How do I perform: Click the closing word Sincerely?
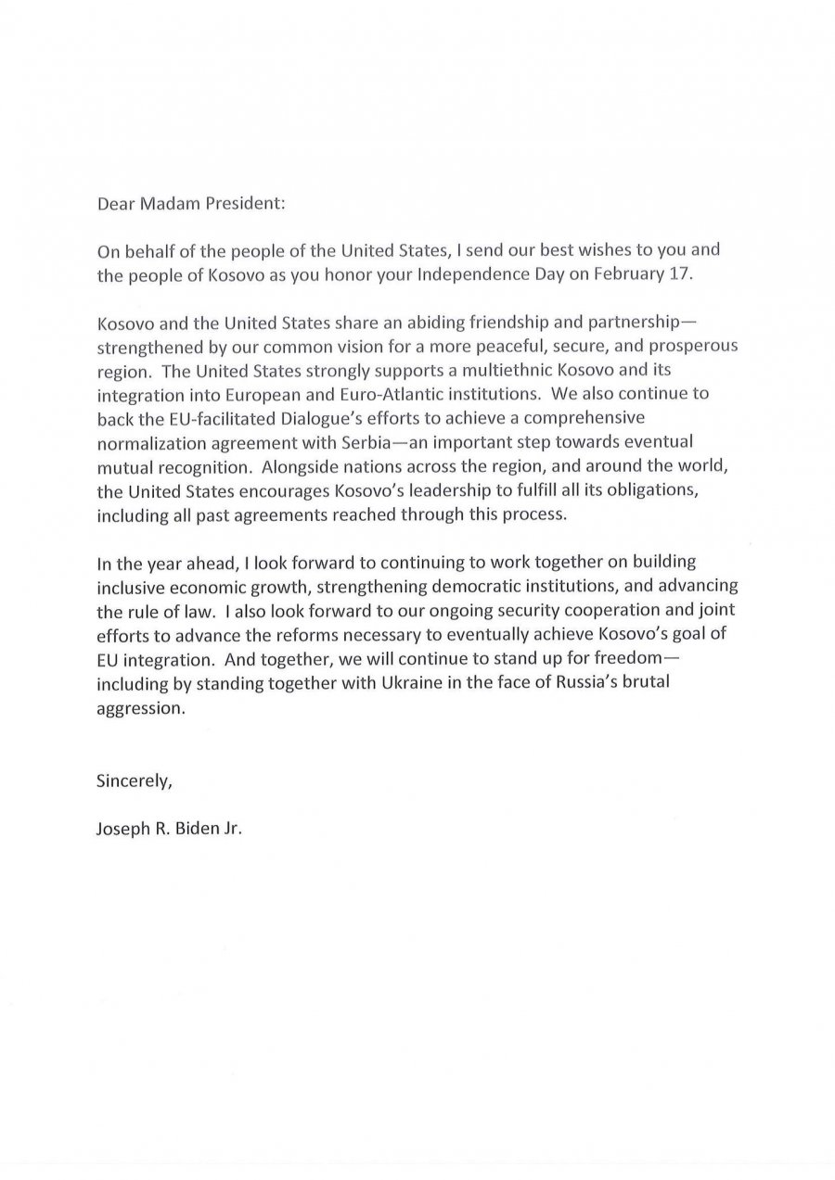coord(135,780)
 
